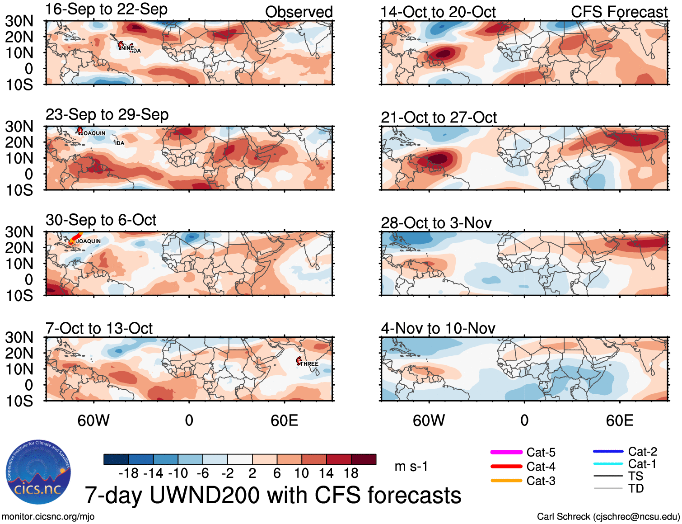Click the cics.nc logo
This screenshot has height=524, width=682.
(x=38, y=472)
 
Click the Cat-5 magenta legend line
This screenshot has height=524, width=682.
(x=506, y=452)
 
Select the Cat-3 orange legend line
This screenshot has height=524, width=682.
(x=506, y=481)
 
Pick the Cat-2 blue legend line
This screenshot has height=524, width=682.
(x=608, y=451)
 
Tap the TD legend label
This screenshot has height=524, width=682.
(x=635, y=488)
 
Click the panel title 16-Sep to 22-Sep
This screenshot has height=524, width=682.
(x=107, y=9)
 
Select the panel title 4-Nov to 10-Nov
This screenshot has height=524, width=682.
(x=438, y=328)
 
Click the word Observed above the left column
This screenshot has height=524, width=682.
(x=299, y=12)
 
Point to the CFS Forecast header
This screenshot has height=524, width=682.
(x=619, y=12)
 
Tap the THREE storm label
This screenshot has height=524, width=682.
(x=309, y=364)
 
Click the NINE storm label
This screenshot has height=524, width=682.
(x=127, y=48)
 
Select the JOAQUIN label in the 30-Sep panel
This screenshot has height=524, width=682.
(x=89, y=241)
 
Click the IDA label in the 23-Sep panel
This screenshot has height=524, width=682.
(x=120, y=143)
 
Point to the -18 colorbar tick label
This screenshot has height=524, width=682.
(x=129, y=473)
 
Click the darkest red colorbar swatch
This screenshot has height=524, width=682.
(x=364, y=459)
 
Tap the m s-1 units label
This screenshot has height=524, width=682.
(x=411, y=466)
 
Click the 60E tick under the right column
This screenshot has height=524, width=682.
(x=619, y=420)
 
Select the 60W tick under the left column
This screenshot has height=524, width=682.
(x=93, y=420)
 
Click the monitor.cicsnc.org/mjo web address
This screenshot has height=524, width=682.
(x=48, y=516)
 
